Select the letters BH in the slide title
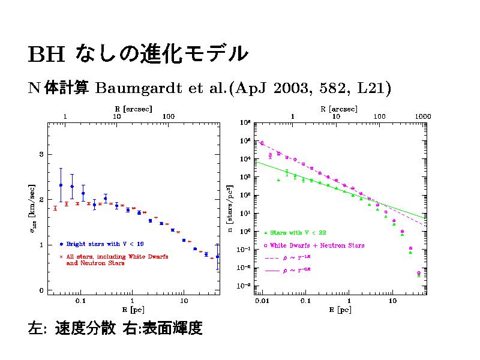point(46,55)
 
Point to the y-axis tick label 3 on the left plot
point(41,154)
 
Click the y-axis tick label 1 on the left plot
point(41,245)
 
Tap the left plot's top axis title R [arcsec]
point(133,109)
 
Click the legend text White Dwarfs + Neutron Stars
point(317,245)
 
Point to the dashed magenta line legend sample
point(270,259)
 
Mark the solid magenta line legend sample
point(270,272)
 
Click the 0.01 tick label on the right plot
point(262,300)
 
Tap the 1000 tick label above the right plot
point(423,116)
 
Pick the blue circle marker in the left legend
point(61,244)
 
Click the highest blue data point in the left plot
point(61,185)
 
